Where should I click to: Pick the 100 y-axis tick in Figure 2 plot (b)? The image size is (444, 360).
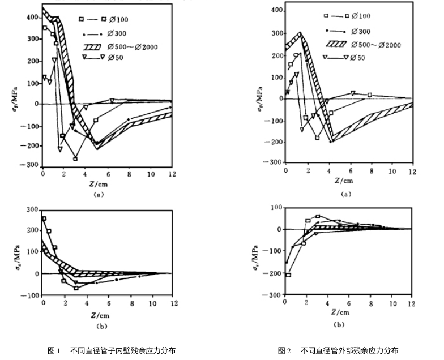[275, 208]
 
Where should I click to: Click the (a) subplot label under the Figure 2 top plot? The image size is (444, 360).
[346, 194]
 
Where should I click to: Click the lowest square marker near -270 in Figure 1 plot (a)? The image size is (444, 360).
[75, 158]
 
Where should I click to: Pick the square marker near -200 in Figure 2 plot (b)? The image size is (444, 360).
[289, 275]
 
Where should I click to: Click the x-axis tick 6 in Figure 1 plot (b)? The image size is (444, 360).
[108, 303]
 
